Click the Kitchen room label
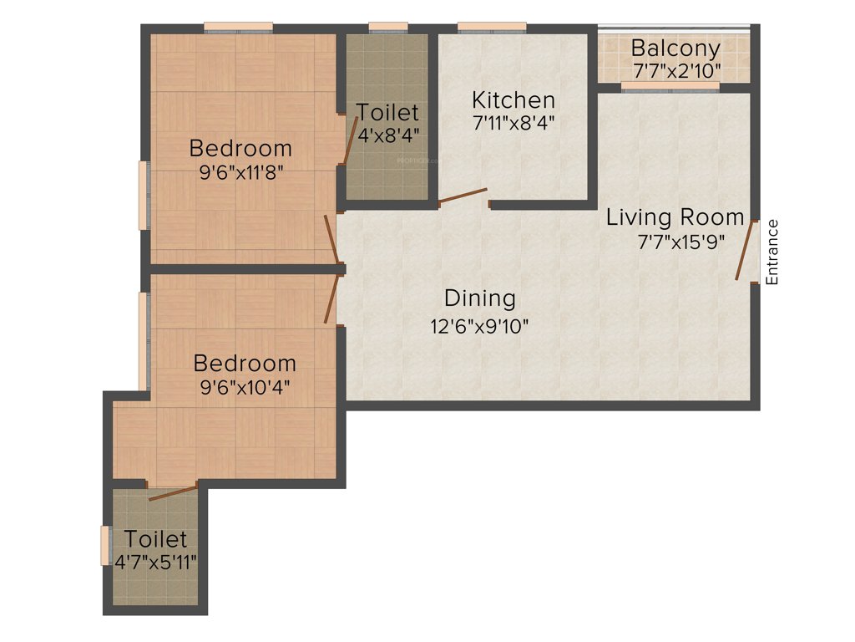pyautogui.click(x=513, y=100)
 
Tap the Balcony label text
pyautogui.click(x=675, y=47)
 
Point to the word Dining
pyautogui.click(x=479, y=298)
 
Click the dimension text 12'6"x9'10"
pyautogui.click(x=479, y=326)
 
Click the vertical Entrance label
pyautogui.click(x=772, y=252)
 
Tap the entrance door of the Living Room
pyautogui.click(x=745, y=251)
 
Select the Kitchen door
pyautogui.click(x=463, y=196)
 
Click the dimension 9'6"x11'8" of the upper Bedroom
pyautogui.click(x=240, y=176)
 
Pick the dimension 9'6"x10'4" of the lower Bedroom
pyautogui.click(x=244, y=389)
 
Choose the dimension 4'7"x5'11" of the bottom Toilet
pyautogui.click(x=156, y=561)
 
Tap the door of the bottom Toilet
pyautogui.click(x=173, y=492)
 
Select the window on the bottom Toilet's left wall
pyautogui.click(x=105, y=545)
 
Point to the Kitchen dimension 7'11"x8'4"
pyautogui.click(x=513, y=122)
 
